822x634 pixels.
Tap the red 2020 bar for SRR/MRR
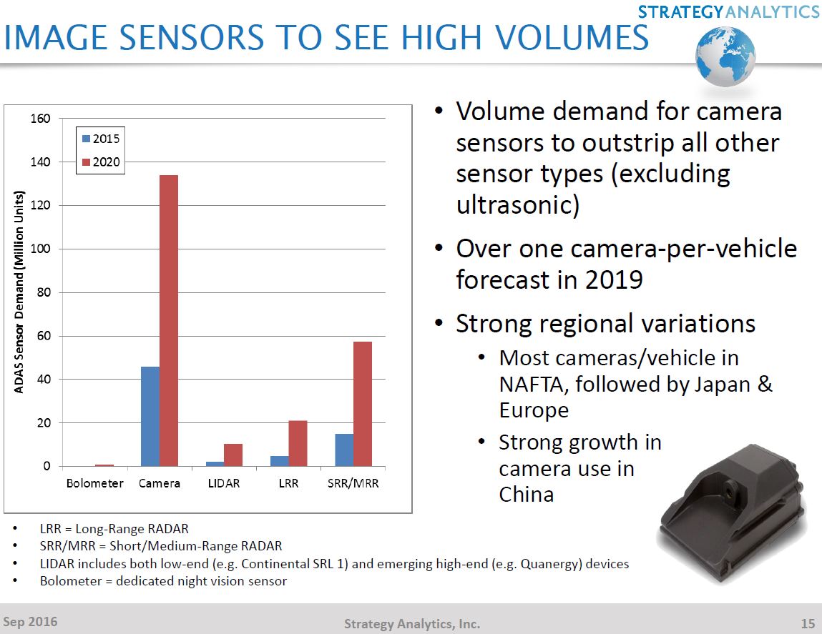[362, 404]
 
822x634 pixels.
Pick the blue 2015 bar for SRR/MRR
[344, 450]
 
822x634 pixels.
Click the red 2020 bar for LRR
[298, 443]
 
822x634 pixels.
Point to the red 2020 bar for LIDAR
[233, 455]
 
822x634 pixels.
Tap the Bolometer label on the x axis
[94, 484]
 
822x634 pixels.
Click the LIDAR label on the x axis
[223, 484]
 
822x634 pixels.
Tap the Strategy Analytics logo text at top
[728, 11]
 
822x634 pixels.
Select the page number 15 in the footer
[807, 623]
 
